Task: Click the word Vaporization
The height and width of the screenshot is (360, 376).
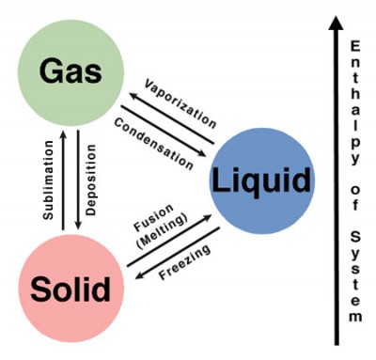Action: (180, 102)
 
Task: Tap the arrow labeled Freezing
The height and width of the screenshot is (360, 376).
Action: (174, 251)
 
